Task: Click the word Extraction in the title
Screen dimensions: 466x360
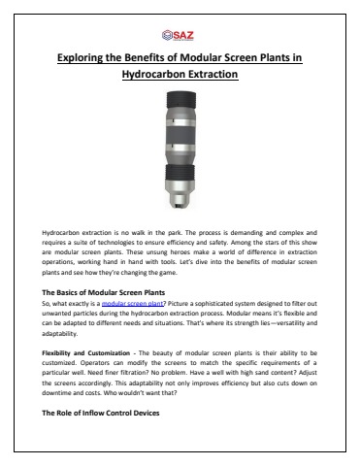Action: point(214,76)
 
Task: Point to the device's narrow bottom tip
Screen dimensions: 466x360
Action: point(180,207)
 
